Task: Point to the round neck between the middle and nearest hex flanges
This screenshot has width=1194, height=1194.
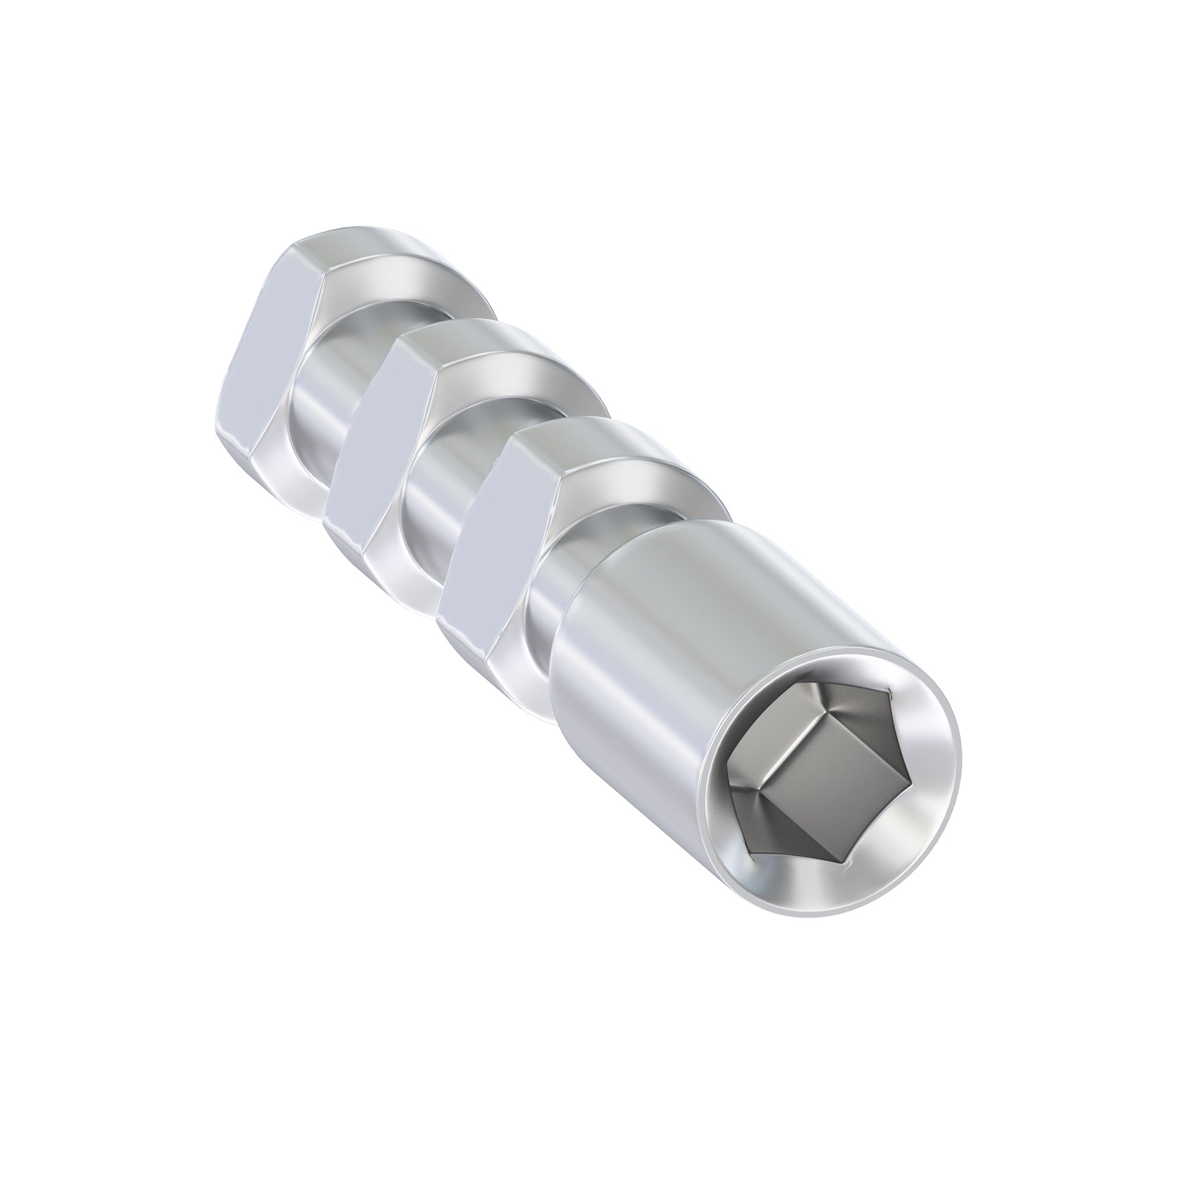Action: pos(436,494)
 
